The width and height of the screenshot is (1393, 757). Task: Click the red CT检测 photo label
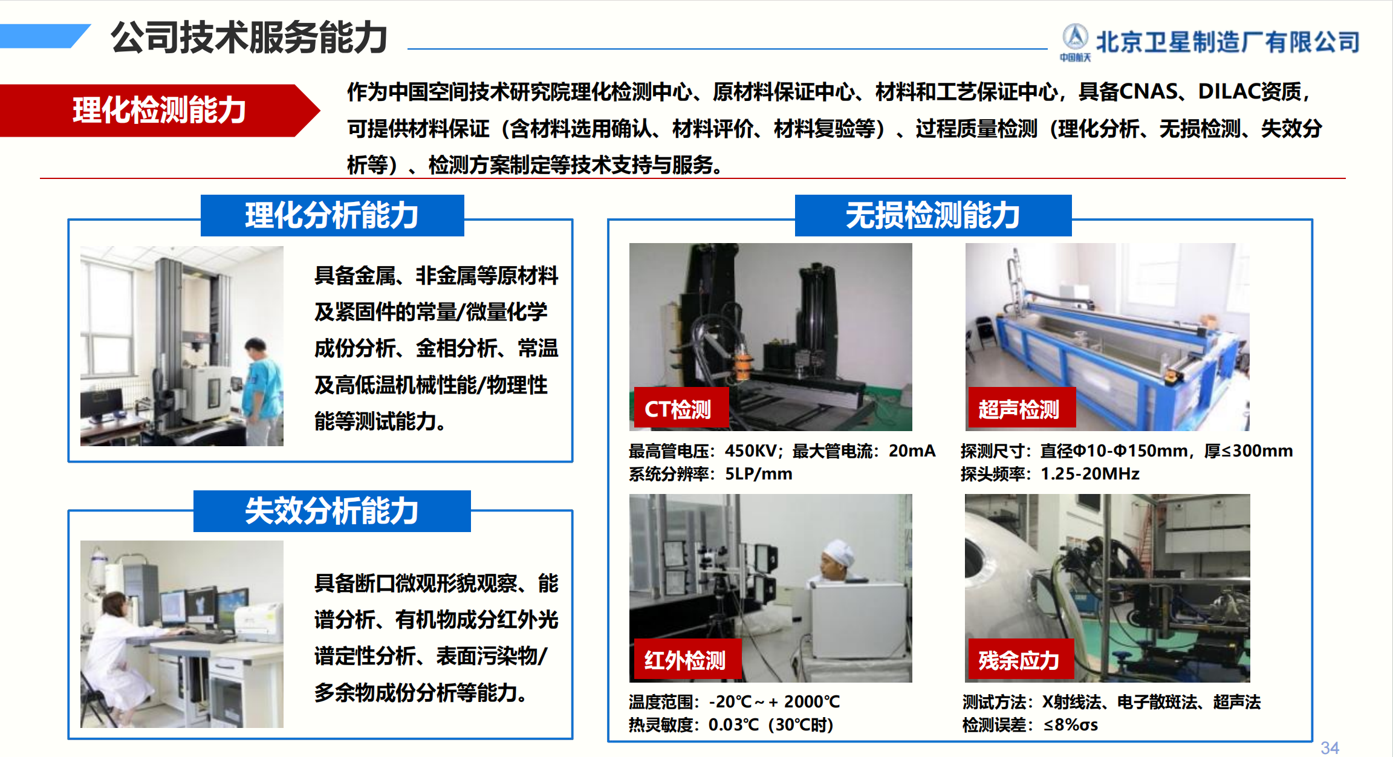[681, 409]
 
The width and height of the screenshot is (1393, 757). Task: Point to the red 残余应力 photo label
[1021, 660]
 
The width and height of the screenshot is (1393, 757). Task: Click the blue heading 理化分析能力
[332, 215]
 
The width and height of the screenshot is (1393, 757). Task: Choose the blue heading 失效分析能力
[332, 511]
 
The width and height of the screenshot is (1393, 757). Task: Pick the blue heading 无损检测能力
[933, 215]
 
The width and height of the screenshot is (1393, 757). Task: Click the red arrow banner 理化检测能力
[160, 110]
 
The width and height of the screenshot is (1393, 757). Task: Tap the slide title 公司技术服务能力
[248, 37]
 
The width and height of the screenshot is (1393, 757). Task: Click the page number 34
[1330, 748]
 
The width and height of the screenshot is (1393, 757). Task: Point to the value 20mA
[912, 450]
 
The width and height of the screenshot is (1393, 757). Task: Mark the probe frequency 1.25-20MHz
[1089, 473]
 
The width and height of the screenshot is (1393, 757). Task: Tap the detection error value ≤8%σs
[1071, 724]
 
